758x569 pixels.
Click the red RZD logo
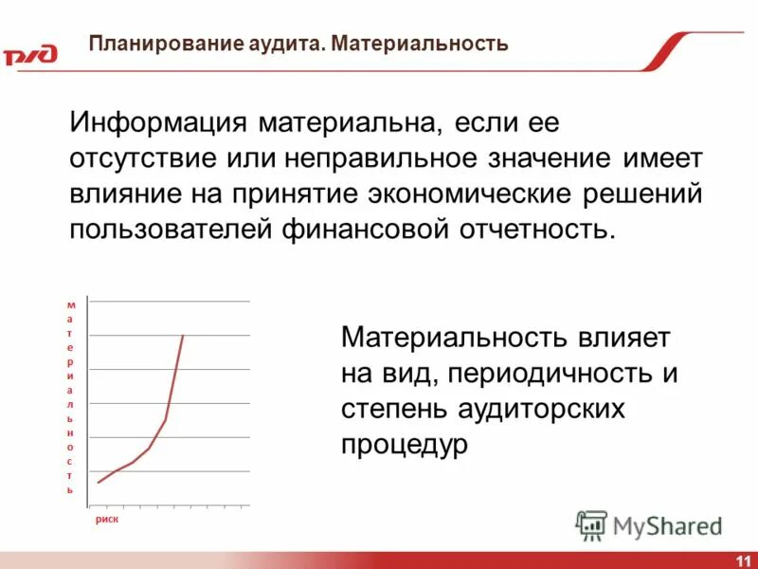point(29,55)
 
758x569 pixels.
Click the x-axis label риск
point(105,521)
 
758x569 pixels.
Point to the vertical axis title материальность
point(69,398)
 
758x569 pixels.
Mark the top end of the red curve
point(183,336)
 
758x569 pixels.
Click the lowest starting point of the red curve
point(98,483)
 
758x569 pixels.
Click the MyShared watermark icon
point(591,525)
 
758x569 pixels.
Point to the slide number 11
point(742,560)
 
